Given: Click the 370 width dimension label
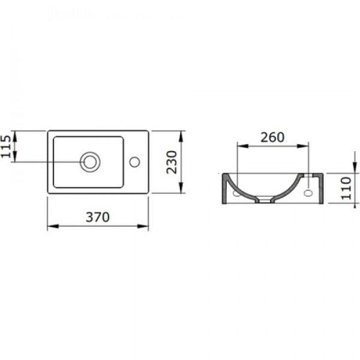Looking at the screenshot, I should pos(97,217).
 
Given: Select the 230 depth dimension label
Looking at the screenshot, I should pos(173,162).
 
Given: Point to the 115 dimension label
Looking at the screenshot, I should pos(7,146).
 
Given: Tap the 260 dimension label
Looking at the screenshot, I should pos(272,137).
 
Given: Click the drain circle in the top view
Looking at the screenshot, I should pos(90,161).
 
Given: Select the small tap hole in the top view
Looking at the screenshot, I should pos(134,161).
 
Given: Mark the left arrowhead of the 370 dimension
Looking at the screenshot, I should pos(50,226).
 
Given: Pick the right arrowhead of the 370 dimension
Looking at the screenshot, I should pos(145,226).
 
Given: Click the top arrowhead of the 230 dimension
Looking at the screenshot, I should pos(181,134).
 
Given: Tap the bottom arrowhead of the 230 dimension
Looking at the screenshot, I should pos(181,190).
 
